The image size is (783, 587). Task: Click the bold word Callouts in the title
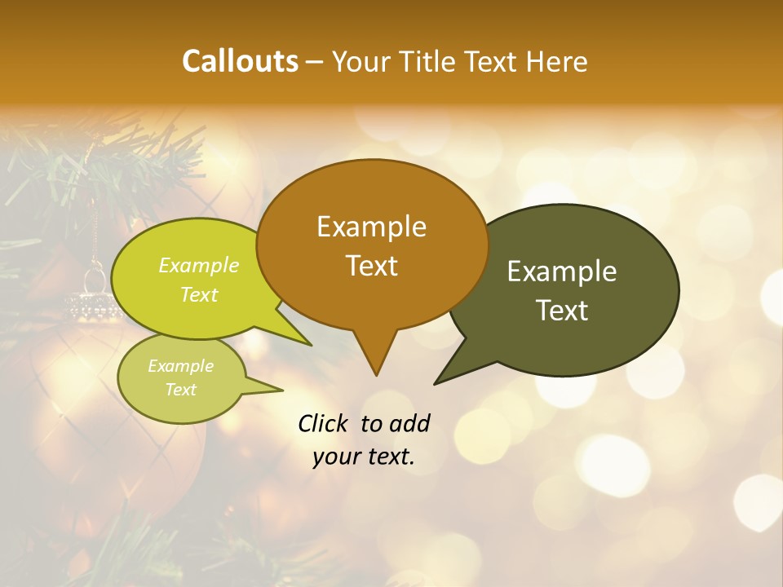[240, 61]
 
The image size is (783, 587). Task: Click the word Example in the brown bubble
[371, 227]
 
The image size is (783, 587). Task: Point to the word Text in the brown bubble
[371, 266]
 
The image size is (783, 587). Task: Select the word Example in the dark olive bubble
[562, 271]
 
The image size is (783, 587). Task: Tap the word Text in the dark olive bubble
[562, 311]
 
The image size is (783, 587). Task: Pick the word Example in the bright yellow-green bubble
[199, 266]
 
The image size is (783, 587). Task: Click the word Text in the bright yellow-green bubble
[199, 295]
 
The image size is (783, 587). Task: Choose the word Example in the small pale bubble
[180, 366]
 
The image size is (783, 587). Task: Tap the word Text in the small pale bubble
[180, 390]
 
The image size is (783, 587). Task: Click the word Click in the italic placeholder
[324, 423]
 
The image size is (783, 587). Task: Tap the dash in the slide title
[315, 62]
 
